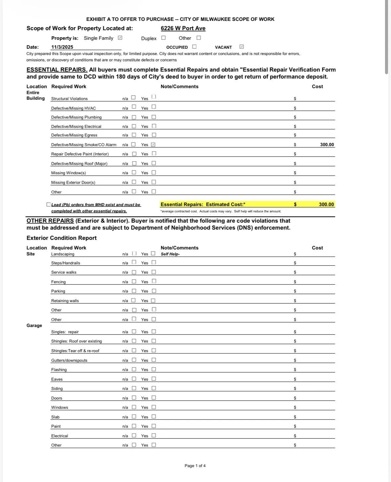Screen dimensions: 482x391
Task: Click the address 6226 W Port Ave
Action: pos(183,28)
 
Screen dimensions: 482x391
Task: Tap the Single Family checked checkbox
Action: pos(120,38)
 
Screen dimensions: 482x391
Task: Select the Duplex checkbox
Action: pos(163,38)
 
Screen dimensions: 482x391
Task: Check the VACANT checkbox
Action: pos(241,47)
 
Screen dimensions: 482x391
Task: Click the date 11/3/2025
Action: pos(62,47)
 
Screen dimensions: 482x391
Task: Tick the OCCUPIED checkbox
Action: pos(194,47)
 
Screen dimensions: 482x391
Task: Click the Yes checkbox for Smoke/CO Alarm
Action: pos(153,144)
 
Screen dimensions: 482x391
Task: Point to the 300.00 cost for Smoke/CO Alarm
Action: pos(327,145)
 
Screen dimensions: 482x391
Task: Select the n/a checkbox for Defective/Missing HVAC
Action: pos(134,107)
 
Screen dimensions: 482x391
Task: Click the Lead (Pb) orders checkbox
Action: pos(49,204)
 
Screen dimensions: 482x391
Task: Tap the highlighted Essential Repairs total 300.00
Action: pos(326,204)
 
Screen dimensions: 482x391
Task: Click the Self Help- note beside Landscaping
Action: pos(170,254)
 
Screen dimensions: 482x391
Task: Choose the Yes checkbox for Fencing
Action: pos(154,281)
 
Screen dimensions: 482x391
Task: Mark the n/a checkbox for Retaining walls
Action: pos(133,300)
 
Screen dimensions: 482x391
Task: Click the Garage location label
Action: pos(34,325)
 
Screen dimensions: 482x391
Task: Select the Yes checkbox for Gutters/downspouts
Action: pos(154,360)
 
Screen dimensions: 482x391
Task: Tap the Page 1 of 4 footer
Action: pos(195,466)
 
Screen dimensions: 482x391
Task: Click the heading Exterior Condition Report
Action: pos(61,238)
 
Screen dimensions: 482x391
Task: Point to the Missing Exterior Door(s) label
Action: pos(73,183)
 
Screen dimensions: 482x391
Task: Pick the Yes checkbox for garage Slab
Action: pos(154,416)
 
